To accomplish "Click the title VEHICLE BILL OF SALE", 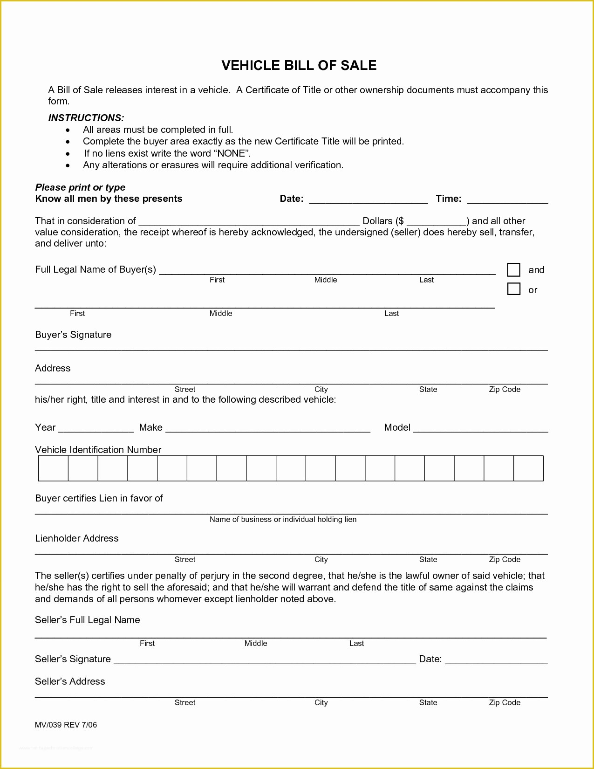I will coord(299,65).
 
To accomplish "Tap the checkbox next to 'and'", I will coord(513,270).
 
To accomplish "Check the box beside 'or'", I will coord(513,289).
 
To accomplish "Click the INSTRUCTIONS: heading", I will coord(86,118).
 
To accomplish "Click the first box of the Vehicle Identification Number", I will coord(53,468).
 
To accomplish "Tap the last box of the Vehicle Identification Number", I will coord(528,468).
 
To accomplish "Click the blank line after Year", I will coord(96,429).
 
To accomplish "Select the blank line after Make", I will coord(268,429).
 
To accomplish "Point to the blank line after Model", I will coord(480,429).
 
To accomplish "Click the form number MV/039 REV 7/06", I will coord(66,725).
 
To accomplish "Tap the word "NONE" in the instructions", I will coord(232,153).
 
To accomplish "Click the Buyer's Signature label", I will coord(73,335).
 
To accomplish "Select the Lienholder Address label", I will coord(77,538).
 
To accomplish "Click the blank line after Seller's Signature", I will coord(264,661).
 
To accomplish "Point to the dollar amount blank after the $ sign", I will coord(436,223).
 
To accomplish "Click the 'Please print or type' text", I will coord(80,187).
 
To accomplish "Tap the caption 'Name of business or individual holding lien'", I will coord(283,519).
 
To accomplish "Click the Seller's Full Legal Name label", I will coord(87,620).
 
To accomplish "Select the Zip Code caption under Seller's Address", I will coord(505,702).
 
